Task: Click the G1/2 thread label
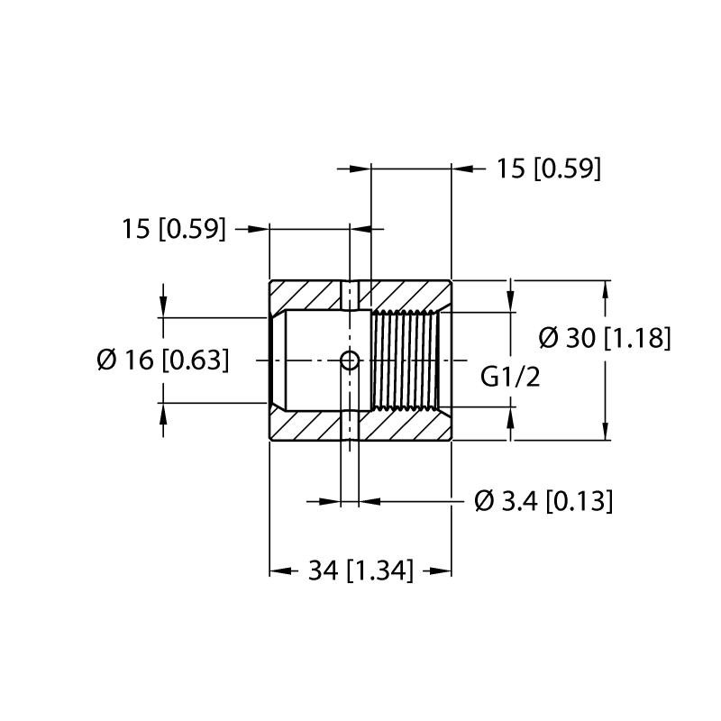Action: point(510,378)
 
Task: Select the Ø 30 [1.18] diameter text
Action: point(605,338)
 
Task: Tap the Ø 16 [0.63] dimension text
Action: point(163,360)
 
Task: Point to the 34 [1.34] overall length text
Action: point(361,570)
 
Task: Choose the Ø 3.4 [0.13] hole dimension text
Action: point(543,501)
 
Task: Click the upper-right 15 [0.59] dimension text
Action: point(549,169)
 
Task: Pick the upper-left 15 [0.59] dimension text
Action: point(174,229)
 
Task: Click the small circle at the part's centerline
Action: point(350,360)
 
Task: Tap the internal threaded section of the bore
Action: point(405,360)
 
